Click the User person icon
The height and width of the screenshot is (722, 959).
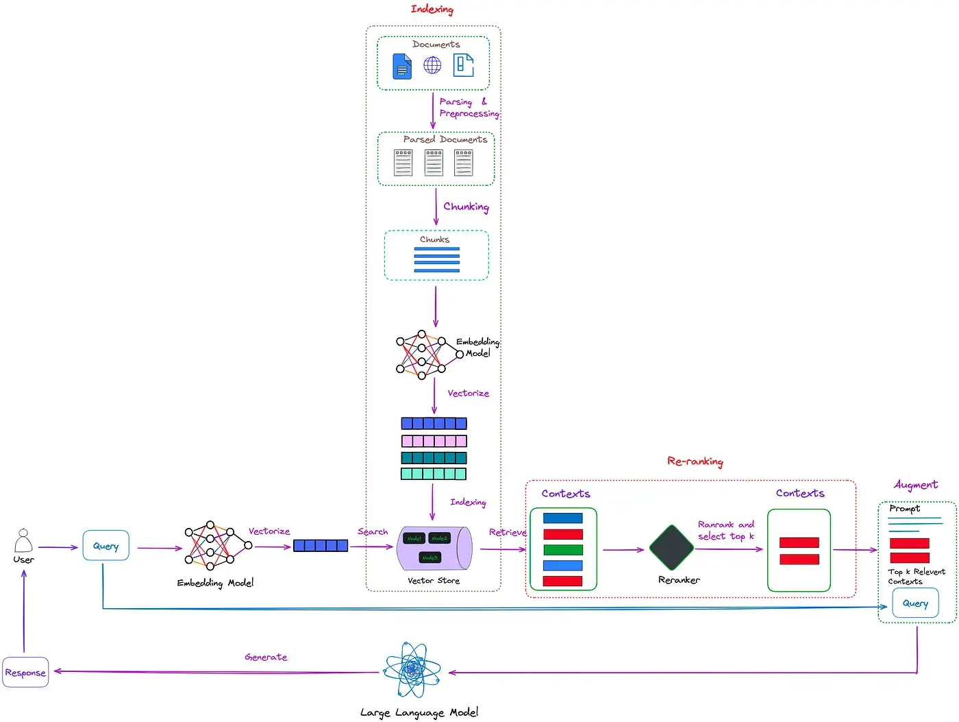tap(23, 541)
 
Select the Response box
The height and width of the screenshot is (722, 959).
tap(25, 673)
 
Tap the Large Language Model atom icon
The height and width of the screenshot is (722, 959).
tap(412, 669)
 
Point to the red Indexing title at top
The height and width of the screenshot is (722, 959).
tap(432, 9)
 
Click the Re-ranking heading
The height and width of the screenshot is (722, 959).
tap(695, 461)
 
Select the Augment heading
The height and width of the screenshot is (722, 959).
tap(915, 485)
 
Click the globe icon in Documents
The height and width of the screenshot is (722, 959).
tap(432, 65)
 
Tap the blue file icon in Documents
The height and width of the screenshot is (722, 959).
tap(402, 67)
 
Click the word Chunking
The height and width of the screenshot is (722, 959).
tap(466, 206)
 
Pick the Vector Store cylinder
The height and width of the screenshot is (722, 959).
tap(434, 548)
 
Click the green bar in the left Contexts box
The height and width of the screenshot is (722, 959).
tap(562, 550)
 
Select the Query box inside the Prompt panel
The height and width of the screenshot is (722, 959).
tap(915, 603)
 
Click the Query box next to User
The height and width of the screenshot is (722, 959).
tap(105, 546)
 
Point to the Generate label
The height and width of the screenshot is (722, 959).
tap(266, 657)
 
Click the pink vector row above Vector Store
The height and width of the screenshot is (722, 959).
tap(434, 441)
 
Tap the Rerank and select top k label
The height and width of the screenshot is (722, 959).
tap(726, 530)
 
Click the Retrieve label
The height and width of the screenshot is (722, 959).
tap(508, 532)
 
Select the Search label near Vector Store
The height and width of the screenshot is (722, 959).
tap(373, 531)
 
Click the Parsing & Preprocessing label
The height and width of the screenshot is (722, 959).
tap(469, 108)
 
